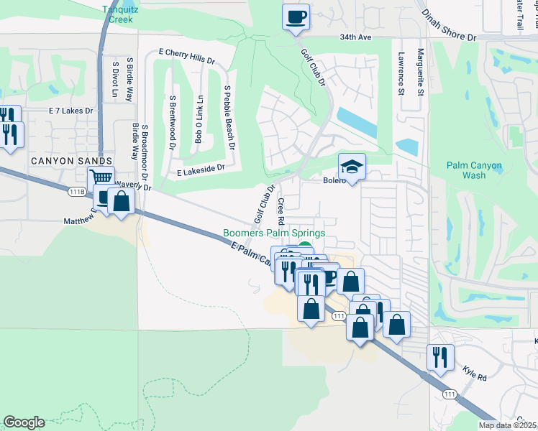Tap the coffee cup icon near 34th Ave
[x=295, y=17]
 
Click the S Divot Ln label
[x=115, y=79]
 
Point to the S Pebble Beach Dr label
[x=229, y=118]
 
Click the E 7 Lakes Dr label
[x=71, y=111]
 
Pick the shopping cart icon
[x=101, y=177]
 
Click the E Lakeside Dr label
[x=201, y=169]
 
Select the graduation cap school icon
[x=352, y=167]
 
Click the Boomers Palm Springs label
[x=274, y=233]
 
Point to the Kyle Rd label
[x=475, y=376]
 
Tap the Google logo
[x=24, y=422]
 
